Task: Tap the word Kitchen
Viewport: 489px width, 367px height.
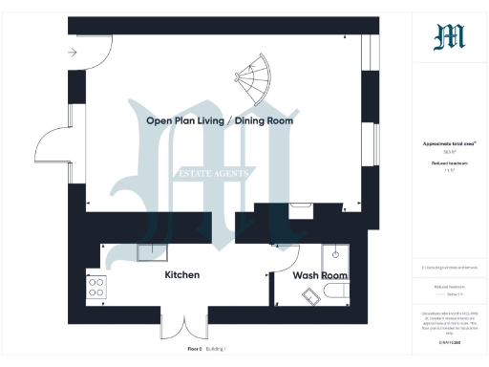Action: pyautogui.click(x=182, y=275)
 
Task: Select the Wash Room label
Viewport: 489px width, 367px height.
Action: pyautogui.click(x=320, y=276)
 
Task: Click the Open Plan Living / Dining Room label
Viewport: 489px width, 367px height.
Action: pyautogui.click(x=220, y=121)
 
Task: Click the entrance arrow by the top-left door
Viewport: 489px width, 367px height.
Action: pyautogui.click(x=74, y=54)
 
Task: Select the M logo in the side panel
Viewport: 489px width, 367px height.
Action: pyautogui.click(x=449, y=37)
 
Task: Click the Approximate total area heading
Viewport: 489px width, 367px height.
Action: pyautogui.click(x=449, y=144)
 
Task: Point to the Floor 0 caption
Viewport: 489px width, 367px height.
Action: pyautogui.click(x=195, y=350)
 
